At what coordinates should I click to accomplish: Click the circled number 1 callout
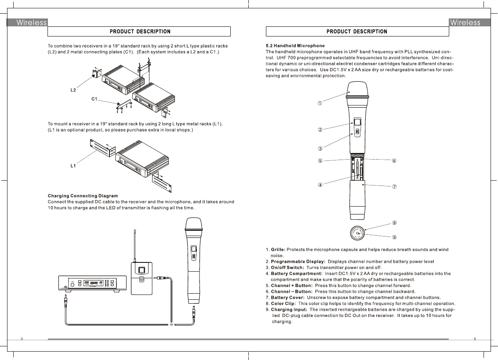click(320, 103)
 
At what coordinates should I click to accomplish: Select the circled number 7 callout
click(394, 186)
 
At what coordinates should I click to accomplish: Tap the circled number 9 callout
click(394, 237)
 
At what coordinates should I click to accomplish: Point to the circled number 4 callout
click(320, 185)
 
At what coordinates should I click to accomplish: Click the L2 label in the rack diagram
click(73, 90)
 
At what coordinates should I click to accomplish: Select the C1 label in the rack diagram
click(94, 99)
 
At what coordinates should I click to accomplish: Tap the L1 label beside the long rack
click(73, 166)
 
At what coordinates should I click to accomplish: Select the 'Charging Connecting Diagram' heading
click(83, 196)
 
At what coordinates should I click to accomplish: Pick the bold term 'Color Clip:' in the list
click(283, 303)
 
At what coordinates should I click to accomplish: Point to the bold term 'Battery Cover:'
click(286, 297)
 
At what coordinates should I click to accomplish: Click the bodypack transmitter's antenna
click(135, 244)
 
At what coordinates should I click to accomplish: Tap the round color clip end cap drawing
click(357, 233)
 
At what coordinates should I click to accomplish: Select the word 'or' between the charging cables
click(172, 325)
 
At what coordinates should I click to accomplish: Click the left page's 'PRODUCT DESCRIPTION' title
click(140, 32)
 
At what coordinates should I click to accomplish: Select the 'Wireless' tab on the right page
click(465, 22)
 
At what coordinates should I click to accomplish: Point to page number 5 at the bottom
click(22, 338)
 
